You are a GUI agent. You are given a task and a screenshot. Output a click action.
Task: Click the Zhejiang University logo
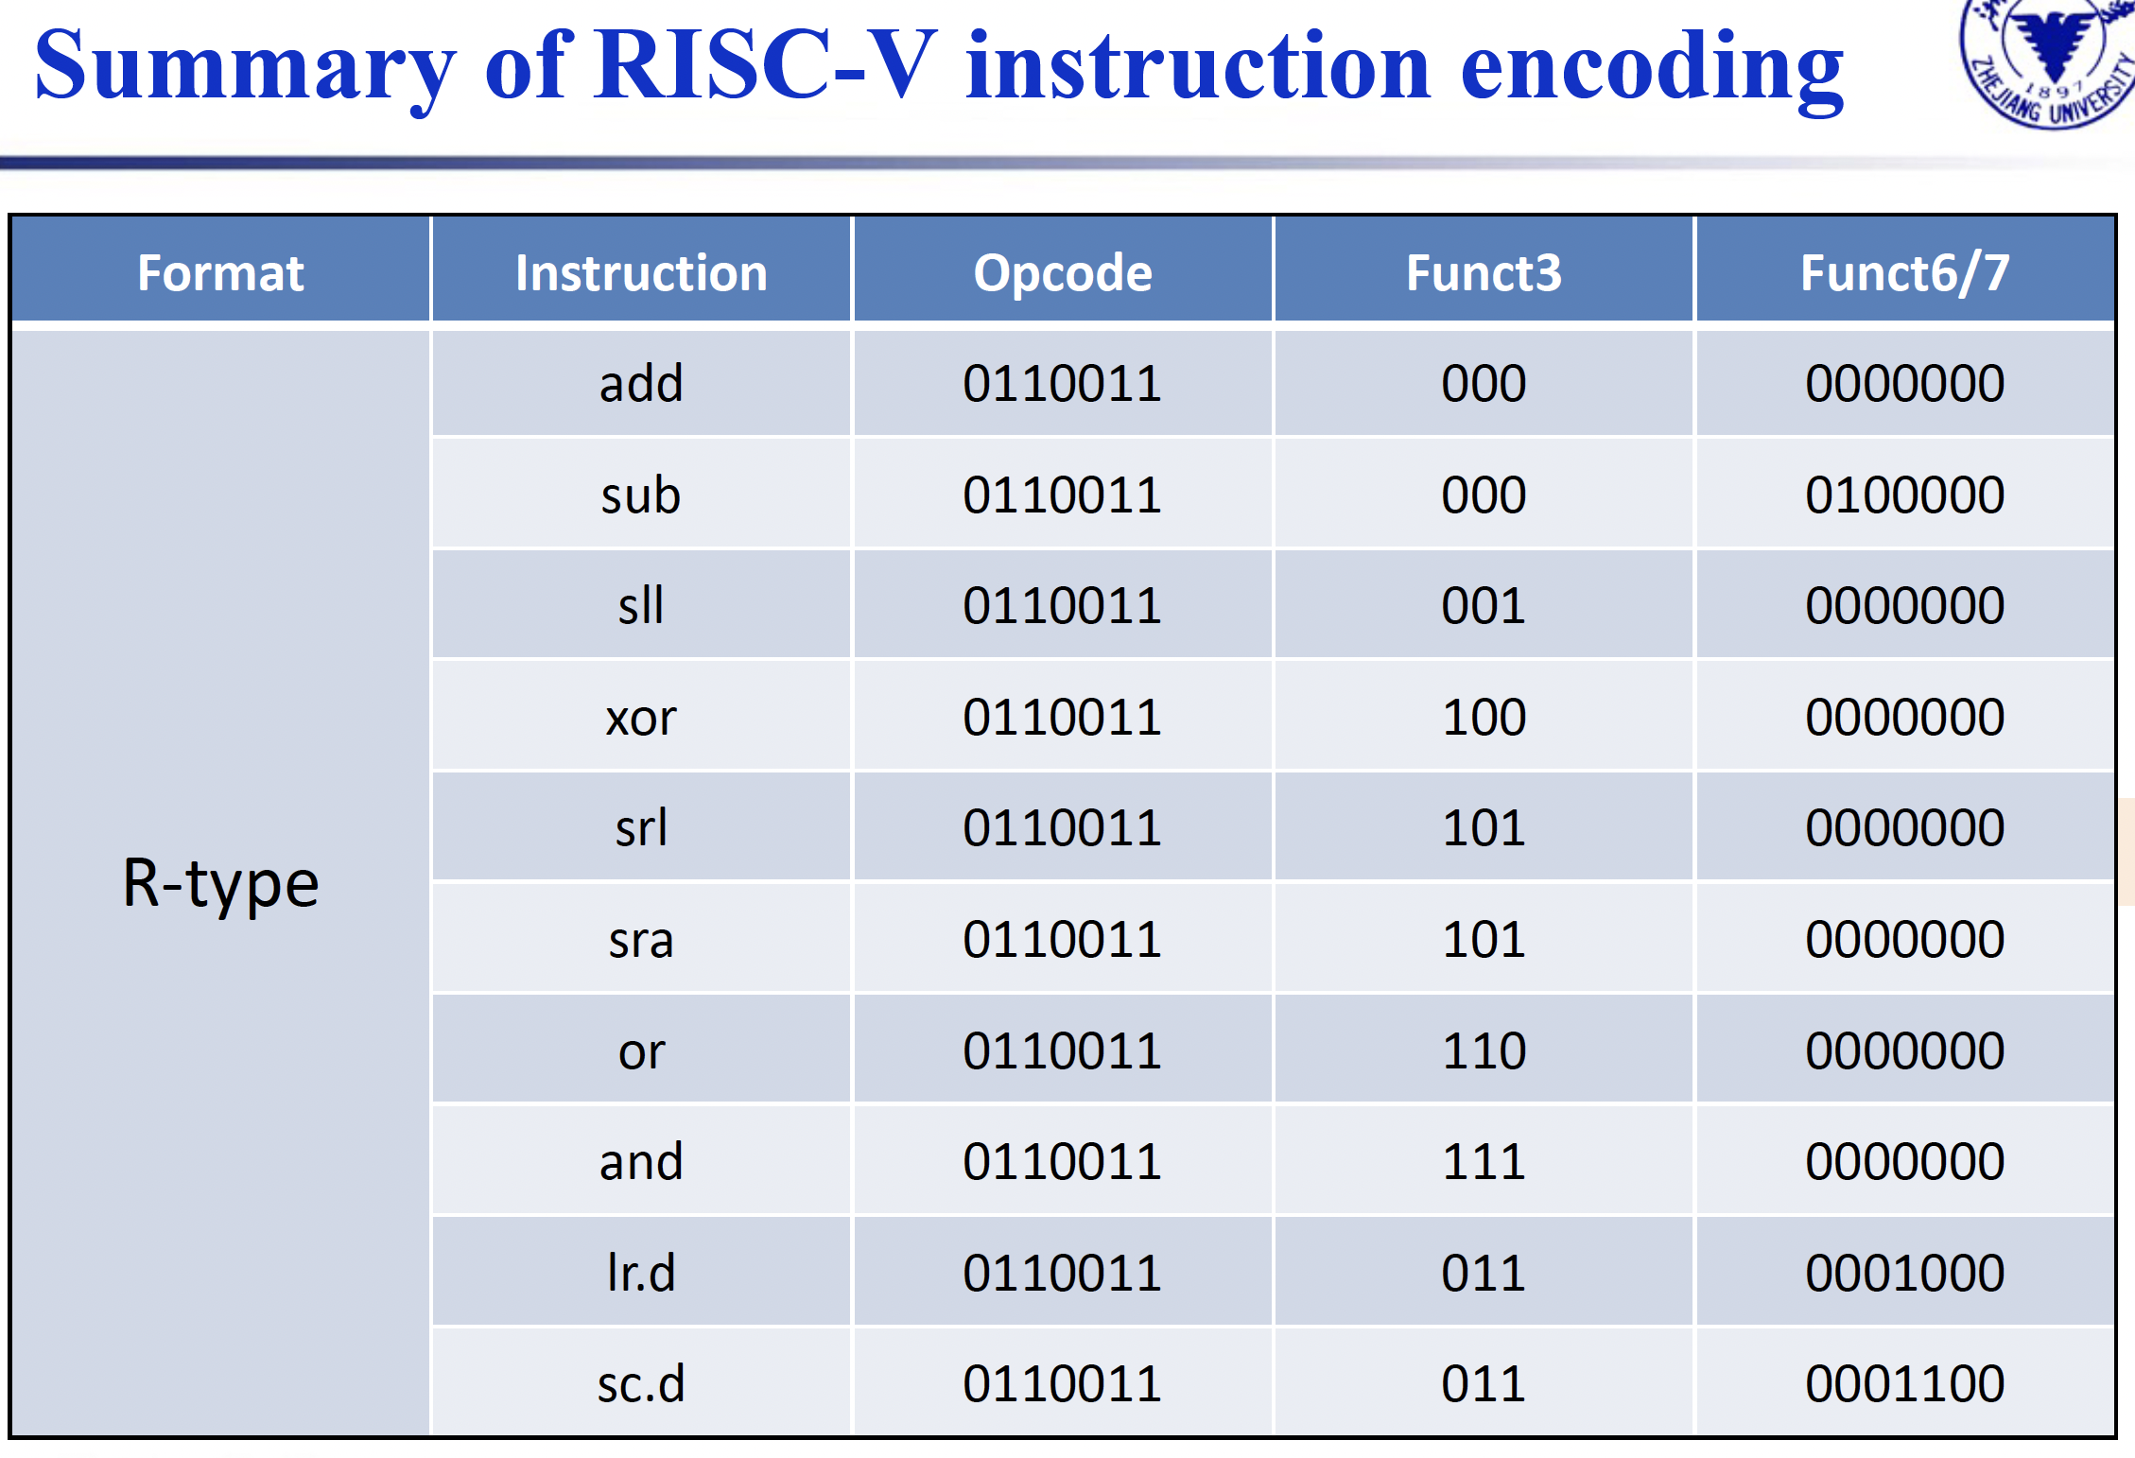coord(2048,61)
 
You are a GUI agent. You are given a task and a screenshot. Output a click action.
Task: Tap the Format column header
coord(220,273)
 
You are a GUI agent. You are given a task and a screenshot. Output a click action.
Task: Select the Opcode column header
coord(1063,273)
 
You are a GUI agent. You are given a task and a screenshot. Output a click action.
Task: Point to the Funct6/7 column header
coord(1904,273)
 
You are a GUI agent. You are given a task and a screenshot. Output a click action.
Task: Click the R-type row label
coord(220,884)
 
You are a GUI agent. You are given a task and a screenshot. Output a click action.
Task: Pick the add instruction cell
coord(641,383)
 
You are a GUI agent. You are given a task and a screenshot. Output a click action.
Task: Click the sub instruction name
coord(641,495)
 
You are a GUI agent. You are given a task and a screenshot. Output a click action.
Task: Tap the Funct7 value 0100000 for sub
coord(1904,495)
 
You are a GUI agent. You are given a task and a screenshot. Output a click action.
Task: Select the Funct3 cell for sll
coord(1484,605)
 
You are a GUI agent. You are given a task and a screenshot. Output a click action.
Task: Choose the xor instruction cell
coord(641,717)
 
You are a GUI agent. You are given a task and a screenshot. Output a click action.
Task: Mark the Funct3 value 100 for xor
coord(1484,717)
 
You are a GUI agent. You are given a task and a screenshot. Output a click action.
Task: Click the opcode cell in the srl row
coord(1063,827)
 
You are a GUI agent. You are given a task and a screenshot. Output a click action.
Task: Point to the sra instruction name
coord(641,940)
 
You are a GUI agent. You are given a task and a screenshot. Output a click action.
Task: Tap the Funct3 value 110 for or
coord(1484,1050)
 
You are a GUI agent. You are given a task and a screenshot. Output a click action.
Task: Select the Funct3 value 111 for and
coord(1484,1161)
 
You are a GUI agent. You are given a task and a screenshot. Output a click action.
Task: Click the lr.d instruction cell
coord(641,1272)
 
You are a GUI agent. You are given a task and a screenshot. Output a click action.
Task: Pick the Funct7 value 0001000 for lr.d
coord(1904,1273)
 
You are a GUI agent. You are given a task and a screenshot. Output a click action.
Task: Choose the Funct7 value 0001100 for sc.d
coord(1904,1383)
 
